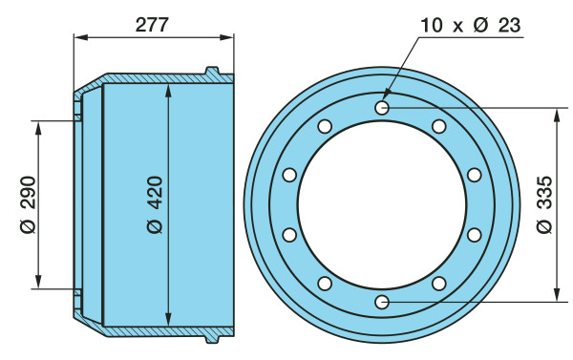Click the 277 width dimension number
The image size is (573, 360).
[x=152, y=25]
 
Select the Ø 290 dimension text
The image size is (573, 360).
[x=29, y=204]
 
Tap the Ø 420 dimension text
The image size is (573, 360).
[x=155, y=204]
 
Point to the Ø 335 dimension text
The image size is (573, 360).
[x=545, y=204]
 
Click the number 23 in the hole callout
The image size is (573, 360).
[x=508, y=25]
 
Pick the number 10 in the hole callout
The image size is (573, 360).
[x=432, y=25]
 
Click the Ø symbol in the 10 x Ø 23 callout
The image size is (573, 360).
[x=480, y=25]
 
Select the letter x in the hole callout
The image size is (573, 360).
[x=457, y=27]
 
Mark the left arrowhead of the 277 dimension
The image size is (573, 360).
[x=81, y=37]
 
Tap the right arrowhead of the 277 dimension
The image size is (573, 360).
[x=226, y=37]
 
